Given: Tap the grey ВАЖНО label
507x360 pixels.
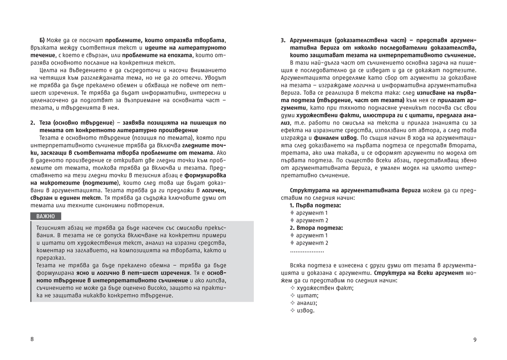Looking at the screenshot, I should [x=46, y=216].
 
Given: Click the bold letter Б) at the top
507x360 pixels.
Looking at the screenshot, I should [x=42, y=40].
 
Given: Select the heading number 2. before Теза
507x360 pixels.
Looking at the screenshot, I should [x=32, y=123].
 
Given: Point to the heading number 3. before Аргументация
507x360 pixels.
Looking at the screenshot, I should [x=283, y=40].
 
